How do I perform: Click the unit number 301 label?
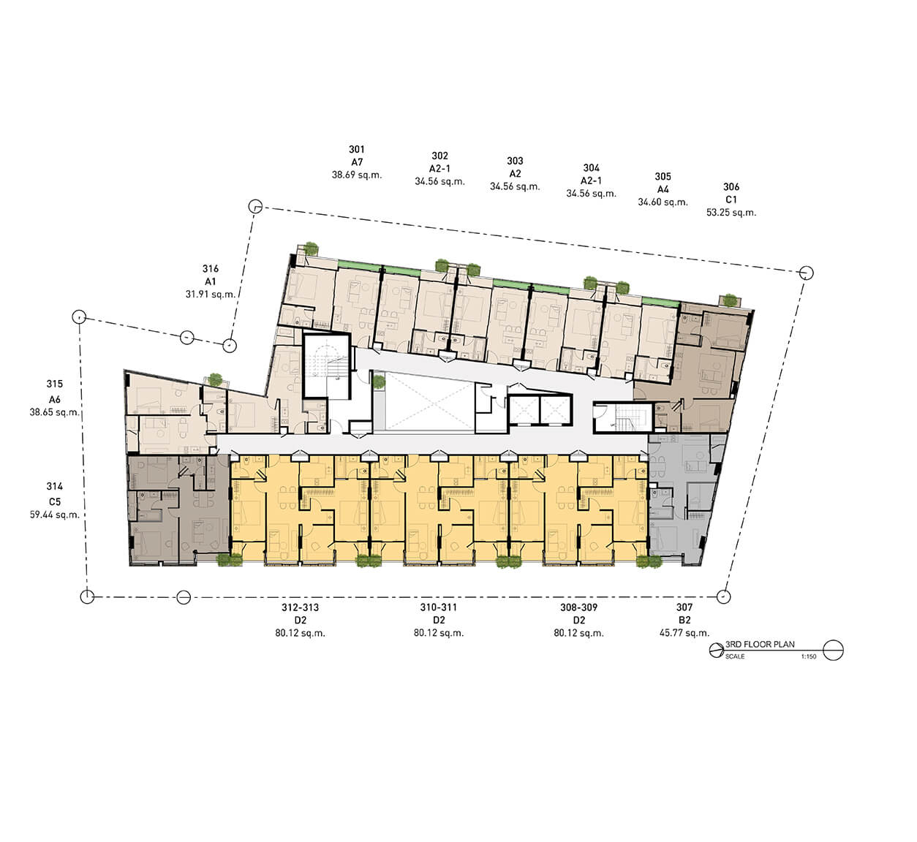pyautogui.click(x=357, y=149)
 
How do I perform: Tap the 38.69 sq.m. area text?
pyautogui.click(x=357, y=175)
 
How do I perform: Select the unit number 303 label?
pyautogui.click(x=515, y=161)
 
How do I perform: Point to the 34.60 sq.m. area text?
pyautogui.click(x=663, y=202)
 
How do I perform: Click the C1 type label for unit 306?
pyautogui.click(x=731, y=200)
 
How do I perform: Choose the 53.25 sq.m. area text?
pyautogui.click(x=731, y=213)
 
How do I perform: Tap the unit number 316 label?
pyautogui.click(x=211, y=269)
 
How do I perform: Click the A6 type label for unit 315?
pyautogui.click(x=54, y=400)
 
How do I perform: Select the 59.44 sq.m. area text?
pyautogui.click(x=54, y=515)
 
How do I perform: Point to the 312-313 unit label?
pyautogui.click(x=300, y=607)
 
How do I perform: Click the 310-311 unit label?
pyautogui.click(x=438, y=607)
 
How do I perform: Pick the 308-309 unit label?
pyautogui.click(x=578, y=607)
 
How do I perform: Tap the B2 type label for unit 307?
pyautogui.click(x=684, y=621)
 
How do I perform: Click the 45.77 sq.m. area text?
pyautogui.click(x=684, y=633)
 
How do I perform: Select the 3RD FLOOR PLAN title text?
pyautogui.click(x=760, y=645)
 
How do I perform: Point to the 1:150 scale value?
pyautogui.click(x=809, y=656)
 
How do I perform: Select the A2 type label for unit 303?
pyautogui.click(x=515, y=174)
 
